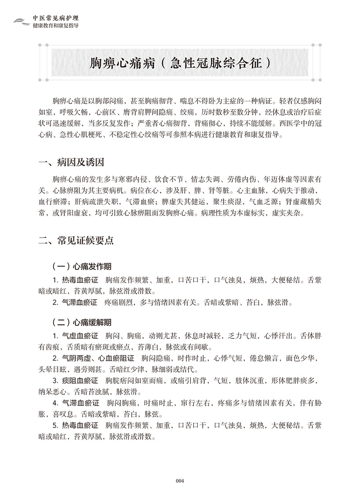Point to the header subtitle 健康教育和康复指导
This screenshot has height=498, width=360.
(56, 25)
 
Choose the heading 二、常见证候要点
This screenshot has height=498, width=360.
(76, 240)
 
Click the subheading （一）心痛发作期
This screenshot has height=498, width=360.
(82, 266)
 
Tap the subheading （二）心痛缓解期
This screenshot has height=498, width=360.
(82, 322)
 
